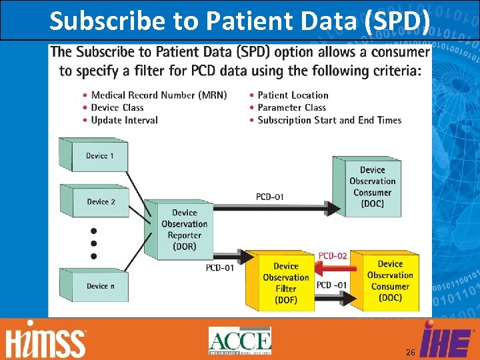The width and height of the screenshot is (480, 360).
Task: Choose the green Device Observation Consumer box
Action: pyautogui.click(x=371, y=187)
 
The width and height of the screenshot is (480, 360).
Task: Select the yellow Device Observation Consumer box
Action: pyautogui.click(x=389, y=281)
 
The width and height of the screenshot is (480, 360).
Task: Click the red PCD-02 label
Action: pyautogui.click(x=333, y=255)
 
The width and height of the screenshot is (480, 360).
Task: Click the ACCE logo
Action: pyautogui.click(x=240, y=341)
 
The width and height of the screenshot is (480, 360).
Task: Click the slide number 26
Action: pyautogui.click(x=409, y=351)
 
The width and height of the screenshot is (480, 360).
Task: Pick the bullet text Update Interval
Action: pyautogui.click(x=124, y=120)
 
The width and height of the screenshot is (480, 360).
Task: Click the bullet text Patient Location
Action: pyautogui.click(x=293, y=95)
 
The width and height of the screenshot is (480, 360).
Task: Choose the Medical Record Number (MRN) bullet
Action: pyautogui.click(x=159, y=95)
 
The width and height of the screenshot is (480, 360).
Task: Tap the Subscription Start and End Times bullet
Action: pyautogui.click(x=329, y=120)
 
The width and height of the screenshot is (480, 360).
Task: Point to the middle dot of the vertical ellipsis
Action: pyautogui.click(x=93, y=243)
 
